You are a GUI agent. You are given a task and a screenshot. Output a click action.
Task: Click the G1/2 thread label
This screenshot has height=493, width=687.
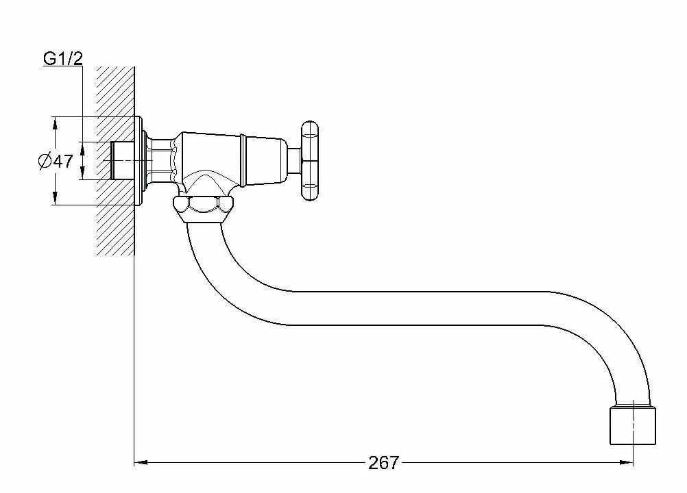[x=63, y=59]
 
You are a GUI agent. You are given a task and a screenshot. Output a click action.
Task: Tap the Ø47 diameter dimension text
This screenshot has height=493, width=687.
[x=56, y=162]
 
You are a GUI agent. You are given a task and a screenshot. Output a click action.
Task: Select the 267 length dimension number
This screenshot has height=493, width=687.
[x=383, y=463]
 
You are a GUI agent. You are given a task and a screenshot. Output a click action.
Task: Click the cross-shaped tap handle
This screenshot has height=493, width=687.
[x=310, y=162]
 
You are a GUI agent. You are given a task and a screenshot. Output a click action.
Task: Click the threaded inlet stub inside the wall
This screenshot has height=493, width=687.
[x=122, y=162]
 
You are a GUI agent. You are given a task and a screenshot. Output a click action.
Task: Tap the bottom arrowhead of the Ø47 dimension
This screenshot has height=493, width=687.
[x=54, y=200]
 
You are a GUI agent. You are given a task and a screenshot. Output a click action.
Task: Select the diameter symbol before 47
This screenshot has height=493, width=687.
[x=43, y=162]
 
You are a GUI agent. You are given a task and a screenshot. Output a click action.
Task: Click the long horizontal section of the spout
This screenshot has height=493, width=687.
[x=411, y=306]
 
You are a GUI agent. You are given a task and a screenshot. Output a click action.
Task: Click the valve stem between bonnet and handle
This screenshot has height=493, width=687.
[x=292, y=162]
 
